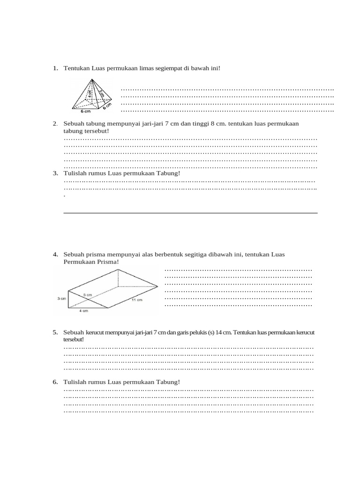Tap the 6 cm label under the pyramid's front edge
pos(85,112)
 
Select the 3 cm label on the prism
pos(62,298)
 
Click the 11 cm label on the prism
pos(137,300)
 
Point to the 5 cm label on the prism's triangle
pos(88,294)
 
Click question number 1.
pos(55,68)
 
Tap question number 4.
pos(55,254)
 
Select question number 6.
pos(55,382)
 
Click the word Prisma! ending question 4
pos(108,262)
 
